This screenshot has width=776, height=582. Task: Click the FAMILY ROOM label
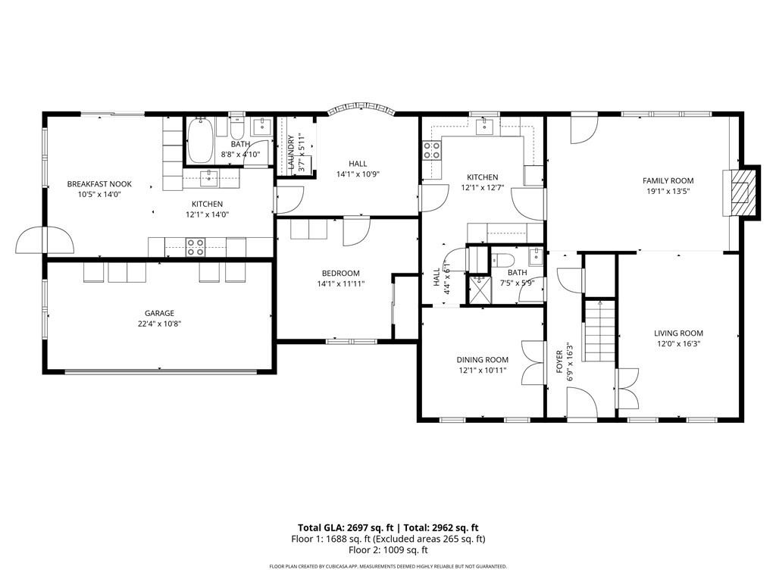click(x=668, y=180)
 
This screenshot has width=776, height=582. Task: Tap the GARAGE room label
click(x=159, y=313)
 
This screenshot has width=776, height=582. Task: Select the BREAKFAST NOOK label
click(x=99, y=184)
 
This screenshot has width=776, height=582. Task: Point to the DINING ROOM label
click(x=482, y=360)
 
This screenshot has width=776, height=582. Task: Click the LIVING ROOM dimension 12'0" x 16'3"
click(x=678, y=344)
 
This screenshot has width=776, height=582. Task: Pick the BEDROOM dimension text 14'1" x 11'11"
click(x=340, y=284)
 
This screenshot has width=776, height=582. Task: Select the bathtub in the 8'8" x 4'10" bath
click(x=200, y=140)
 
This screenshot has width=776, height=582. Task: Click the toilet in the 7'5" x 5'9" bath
click(x=503, y=259)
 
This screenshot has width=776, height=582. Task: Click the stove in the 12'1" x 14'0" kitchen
click(x=196, y=247)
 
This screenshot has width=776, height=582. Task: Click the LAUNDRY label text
click(x=291, y=152)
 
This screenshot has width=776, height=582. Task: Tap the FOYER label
click(x=559, y=361)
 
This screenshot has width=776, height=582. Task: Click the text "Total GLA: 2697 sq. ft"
click(x=346, y=527)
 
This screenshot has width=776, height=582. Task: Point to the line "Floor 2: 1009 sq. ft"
click(x=388, y=550)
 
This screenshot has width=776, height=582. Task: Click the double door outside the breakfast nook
click(x=45, y=240)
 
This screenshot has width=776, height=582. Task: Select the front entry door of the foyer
click(x=583, y=403)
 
